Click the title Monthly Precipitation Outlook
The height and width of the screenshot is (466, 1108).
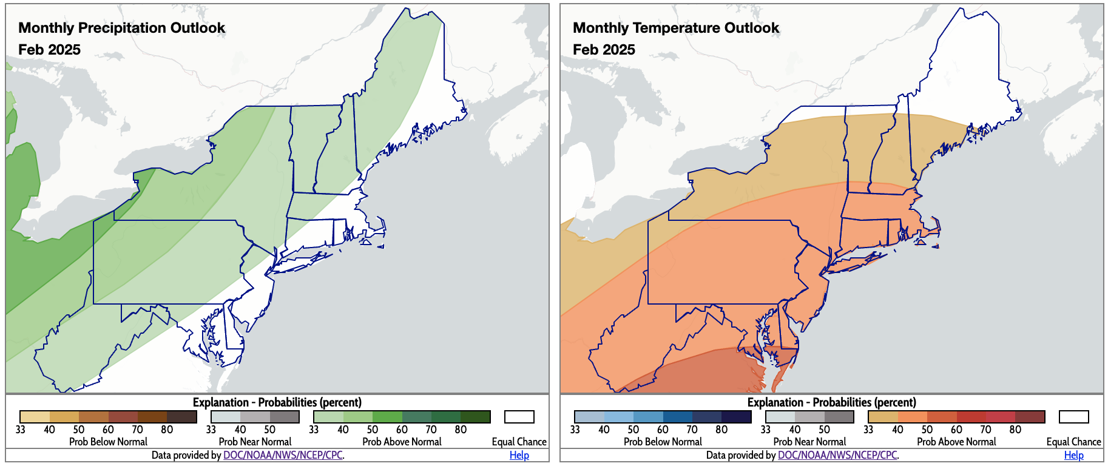tap(121, 28)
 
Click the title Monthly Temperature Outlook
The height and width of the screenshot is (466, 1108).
tap(676, 28)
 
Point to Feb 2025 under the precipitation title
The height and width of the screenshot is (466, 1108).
tap(49, 50)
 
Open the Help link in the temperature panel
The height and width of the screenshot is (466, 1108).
tap(1073, 455)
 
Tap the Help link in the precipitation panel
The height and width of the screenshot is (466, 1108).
tap(519, 455)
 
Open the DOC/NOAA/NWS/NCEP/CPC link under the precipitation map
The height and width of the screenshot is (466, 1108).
tap(283, 455)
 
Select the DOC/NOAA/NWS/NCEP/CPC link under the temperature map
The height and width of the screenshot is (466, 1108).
tap(837, 455)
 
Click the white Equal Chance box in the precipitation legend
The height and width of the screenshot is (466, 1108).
tap(519, 417)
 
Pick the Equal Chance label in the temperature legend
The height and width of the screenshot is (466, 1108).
tap(1073, 442)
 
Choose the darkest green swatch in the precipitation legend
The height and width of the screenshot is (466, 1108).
tap(475, 417)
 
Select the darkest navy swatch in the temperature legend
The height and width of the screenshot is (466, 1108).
tap(736, 417)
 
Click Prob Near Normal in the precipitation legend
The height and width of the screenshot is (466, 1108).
tap(255, 442)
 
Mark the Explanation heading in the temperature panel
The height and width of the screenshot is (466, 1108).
tap(831, 402)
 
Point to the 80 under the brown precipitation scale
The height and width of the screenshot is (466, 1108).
tap(167, 430)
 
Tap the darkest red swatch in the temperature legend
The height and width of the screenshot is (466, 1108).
tap(1030, 417)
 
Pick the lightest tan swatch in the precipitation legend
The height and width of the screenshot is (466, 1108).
tap(35, 417)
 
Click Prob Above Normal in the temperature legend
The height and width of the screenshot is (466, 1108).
tap(956, 442)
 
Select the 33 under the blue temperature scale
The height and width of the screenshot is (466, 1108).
tap(575, 430)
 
